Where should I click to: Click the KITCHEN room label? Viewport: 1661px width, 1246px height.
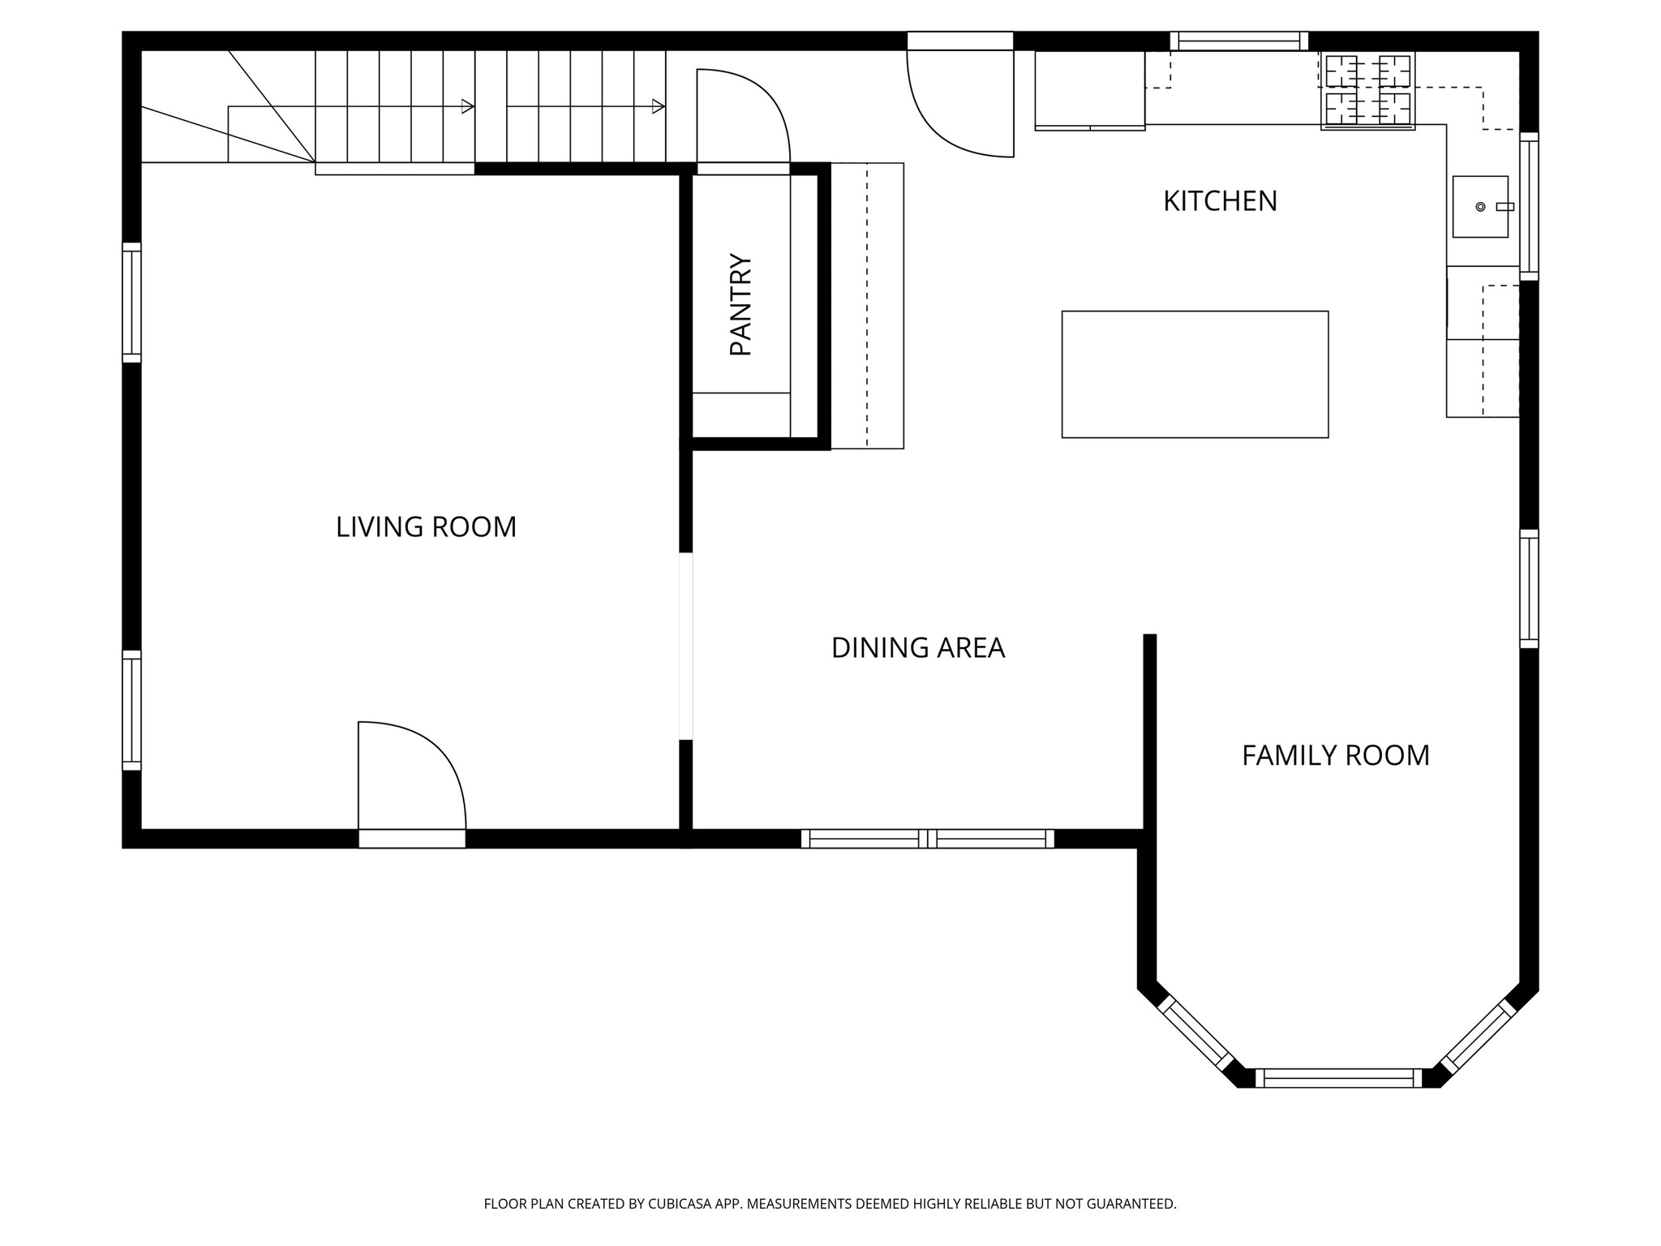(1220, 201)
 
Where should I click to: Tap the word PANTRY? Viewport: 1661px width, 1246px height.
(741, 304)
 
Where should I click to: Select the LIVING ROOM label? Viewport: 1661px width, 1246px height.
(426, 527)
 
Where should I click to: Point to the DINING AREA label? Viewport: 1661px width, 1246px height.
(917, 648)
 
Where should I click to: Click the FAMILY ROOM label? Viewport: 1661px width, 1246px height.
(1335, 756)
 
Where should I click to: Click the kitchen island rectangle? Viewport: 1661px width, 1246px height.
(1195, 374)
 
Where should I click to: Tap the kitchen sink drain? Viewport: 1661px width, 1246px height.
(1480, 207)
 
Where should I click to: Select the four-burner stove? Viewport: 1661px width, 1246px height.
(1368, 90)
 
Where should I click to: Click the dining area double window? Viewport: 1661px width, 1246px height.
(927, 839)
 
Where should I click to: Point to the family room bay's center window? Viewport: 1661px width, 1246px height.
(1338, 1078)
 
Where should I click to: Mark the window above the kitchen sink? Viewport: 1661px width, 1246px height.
(1528, 206)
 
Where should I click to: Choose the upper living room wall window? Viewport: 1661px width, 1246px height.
(131, 303)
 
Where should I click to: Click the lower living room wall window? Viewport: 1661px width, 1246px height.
(131, 710)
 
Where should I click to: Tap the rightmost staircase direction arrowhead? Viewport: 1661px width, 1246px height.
(659, 106)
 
